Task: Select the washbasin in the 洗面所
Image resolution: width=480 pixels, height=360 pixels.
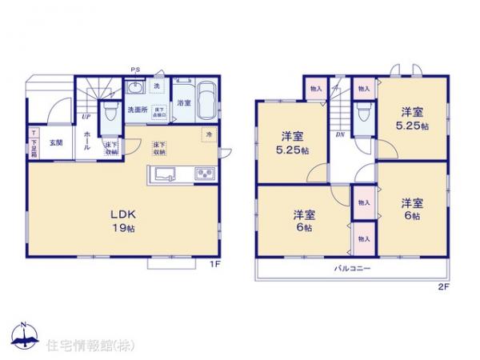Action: click(134, 87)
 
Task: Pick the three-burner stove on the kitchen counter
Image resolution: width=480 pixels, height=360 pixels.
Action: click(202, 174)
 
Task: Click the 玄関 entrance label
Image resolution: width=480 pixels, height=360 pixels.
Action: click(55, 142)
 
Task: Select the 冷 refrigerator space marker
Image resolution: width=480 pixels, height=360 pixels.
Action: click(208, 134)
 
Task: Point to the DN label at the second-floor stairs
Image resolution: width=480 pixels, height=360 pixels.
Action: click(339, 134)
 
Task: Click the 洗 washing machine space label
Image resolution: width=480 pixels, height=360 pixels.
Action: click(156, 86)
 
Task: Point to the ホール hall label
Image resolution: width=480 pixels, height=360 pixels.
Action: click(86, 144)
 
